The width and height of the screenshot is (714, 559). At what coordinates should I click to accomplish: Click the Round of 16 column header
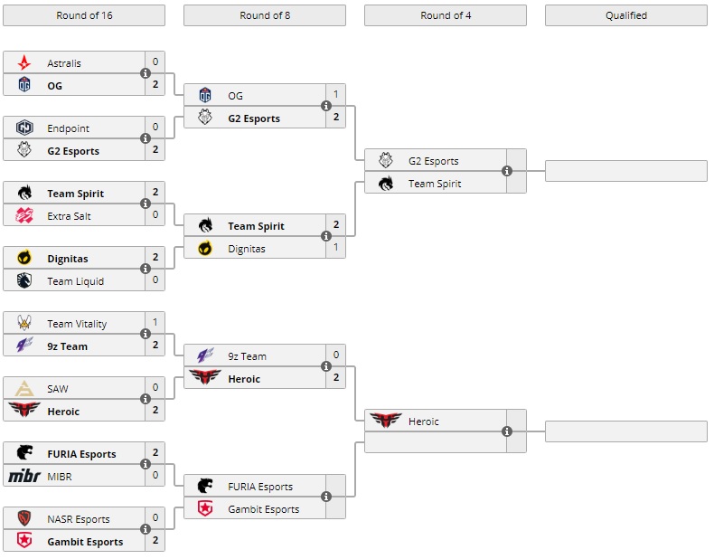pos(84,15)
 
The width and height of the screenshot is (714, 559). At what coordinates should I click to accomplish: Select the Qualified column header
pos(625,15)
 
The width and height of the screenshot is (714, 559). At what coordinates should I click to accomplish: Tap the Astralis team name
pos(64,63)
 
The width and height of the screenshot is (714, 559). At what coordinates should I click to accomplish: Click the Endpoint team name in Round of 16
pos(69,128)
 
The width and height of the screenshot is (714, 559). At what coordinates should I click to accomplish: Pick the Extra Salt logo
pos(24,216)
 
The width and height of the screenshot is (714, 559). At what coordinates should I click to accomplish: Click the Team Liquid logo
pos(24,281)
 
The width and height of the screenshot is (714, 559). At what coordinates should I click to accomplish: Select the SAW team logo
pos(24,389)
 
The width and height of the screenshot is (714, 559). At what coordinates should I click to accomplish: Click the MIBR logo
pos(24,477)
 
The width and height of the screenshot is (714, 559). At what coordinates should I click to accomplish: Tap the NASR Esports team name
pos(79,519)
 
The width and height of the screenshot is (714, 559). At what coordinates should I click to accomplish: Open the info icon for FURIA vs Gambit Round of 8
pos(326,497)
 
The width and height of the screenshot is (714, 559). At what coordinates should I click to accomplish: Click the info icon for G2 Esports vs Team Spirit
pos(507,171)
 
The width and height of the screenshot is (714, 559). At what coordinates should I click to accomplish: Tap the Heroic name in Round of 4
pos(423,422)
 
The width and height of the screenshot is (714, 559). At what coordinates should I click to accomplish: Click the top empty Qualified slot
pos(625,171)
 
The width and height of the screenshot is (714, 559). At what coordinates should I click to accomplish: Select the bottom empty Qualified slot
pos(625,431)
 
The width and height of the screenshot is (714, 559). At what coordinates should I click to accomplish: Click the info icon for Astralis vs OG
pos(146,73)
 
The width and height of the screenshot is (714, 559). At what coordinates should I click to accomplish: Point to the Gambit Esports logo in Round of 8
pos(205,509)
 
